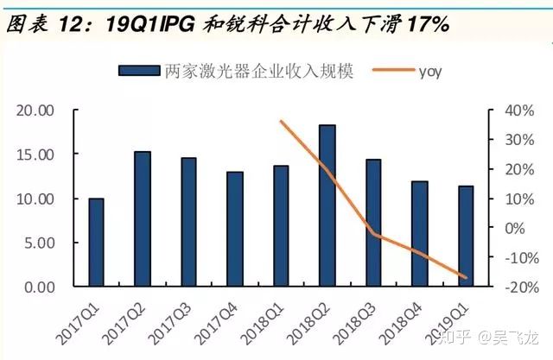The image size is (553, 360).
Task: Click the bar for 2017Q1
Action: click(96, 243)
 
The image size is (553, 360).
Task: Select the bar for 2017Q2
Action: click(143, 219)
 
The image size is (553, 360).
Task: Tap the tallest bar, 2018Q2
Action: click(327, 206)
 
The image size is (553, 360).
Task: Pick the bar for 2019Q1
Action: click(466, 237)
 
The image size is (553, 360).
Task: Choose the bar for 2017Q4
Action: click(235, 229)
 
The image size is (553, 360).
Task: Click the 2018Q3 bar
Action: click(373, 223)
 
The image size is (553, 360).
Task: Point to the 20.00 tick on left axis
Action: click(35, 111)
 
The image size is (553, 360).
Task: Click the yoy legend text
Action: click(429, 71)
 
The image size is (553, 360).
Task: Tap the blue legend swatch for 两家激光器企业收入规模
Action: click(137, 71)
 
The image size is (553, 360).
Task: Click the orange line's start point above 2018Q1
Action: click(282, 121)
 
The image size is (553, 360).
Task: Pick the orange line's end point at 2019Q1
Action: click(466, 278)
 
